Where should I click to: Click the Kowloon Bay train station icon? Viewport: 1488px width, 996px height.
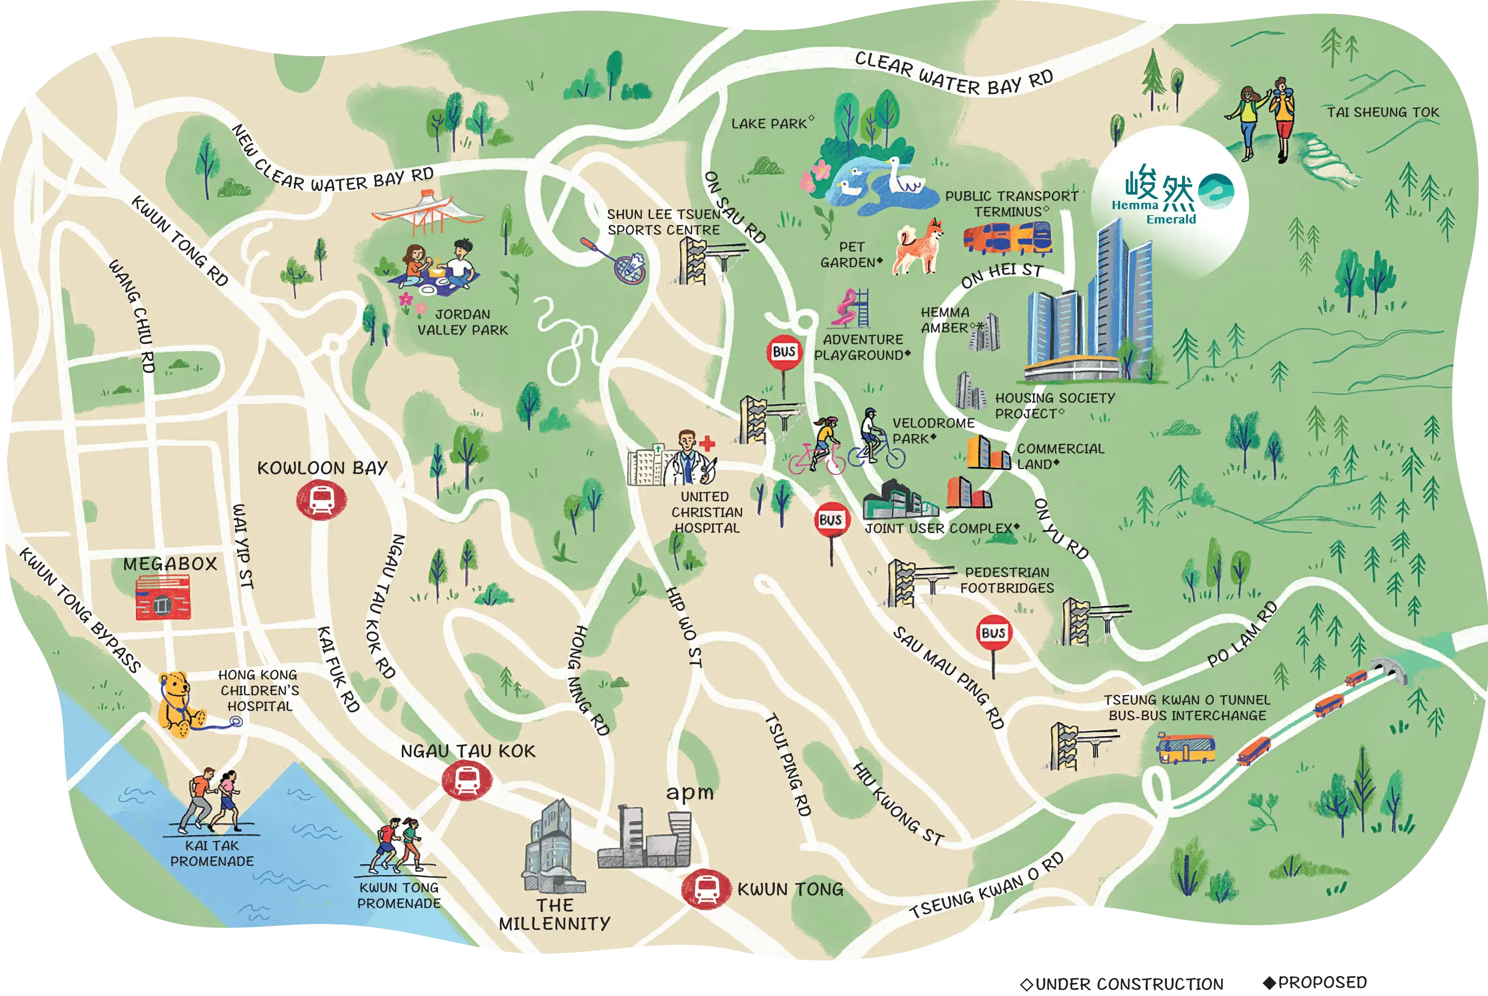pyautogui.click(x=322, y=500)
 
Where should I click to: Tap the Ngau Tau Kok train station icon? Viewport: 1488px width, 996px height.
pyautogui.click(x=467, y=780)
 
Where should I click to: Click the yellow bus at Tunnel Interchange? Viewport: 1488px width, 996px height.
pyautogui.click(x=1186, y=749)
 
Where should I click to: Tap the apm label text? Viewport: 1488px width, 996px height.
pyautogui.click(x=690, y=793)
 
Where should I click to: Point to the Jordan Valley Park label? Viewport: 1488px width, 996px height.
pyautogui.click(x=463, y=322)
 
